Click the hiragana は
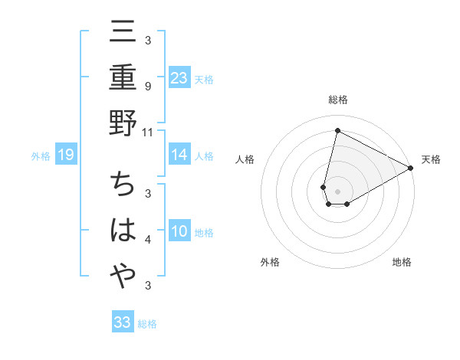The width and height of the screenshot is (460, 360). pyautogui.click(x=123, y=231)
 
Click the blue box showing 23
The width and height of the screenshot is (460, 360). pyautogui.click(x=179, y=77)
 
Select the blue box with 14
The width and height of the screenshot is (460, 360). pyautogui.click(x=179, y=155)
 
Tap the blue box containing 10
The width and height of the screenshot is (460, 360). pyautogui.click(x=179, y=232)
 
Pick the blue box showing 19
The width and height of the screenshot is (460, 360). pyautogui.click(x=66, y=155)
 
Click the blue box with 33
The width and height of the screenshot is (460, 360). pyautogui.click(x=123, y=322)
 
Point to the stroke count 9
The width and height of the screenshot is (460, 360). pyautogui.click(x=148, y=86)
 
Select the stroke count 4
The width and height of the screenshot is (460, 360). pyautogui.click(x=148, y=241)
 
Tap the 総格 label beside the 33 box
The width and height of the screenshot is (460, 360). pyautogui.click(x=147, y=324)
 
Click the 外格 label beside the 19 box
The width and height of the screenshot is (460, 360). pyautogui.click(x=41, y=156)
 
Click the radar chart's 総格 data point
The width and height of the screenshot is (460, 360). pyautogui.click(x=337, y=130)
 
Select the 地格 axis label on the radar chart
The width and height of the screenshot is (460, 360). pyautogui.click(x=402, y=263)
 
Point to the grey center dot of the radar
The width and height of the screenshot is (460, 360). pyautogui.click(x=338, y=191)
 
